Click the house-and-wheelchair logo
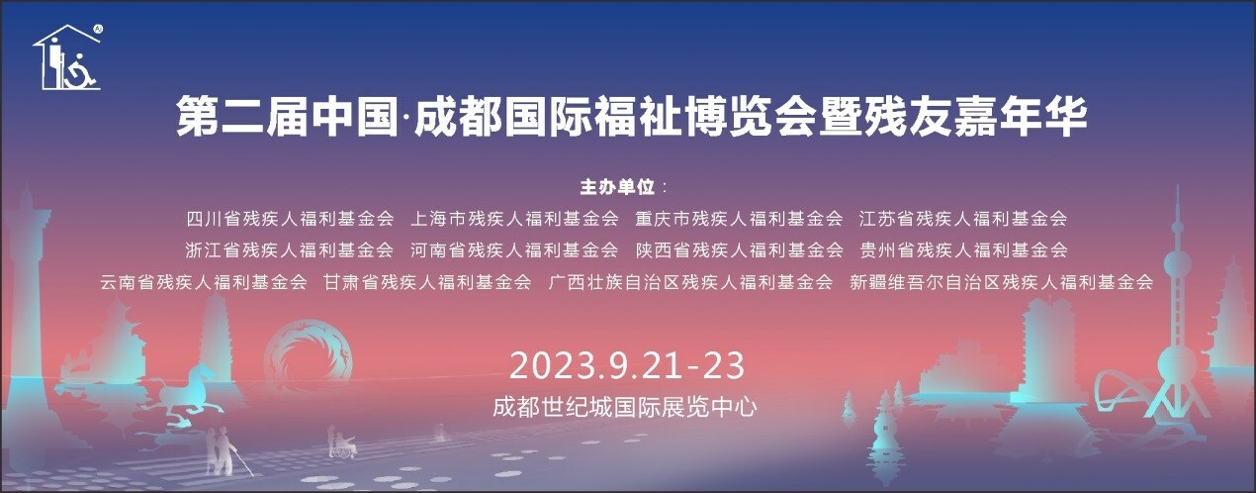[x=68, y=57]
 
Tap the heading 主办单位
[x=617, y=186]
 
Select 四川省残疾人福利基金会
[x=290, y=218]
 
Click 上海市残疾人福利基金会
[x=514, y=218]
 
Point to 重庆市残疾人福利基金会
[x=739, y=218]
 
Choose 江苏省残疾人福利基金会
[x=963, y=218]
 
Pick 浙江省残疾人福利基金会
[x=290, y=249]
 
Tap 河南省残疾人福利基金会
[x=514, y=249]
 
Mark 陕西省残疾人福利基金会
[x=739, y=249]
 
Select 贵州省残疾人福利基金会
[x=963, y=249]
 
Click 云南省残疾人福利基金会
[x=204, y=282]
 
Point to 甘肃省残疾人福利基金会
[x=428, y=282]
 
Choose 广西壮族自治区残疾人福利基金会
[x=690, y=282]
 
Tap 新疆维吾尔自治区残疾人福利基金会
[x=1002, y=282]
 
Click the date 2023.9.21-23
[x=627, y=365]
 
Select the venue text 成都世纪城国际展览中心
[x=628, y=406]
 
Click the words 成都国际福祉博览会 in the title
[x=605, y=117]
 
